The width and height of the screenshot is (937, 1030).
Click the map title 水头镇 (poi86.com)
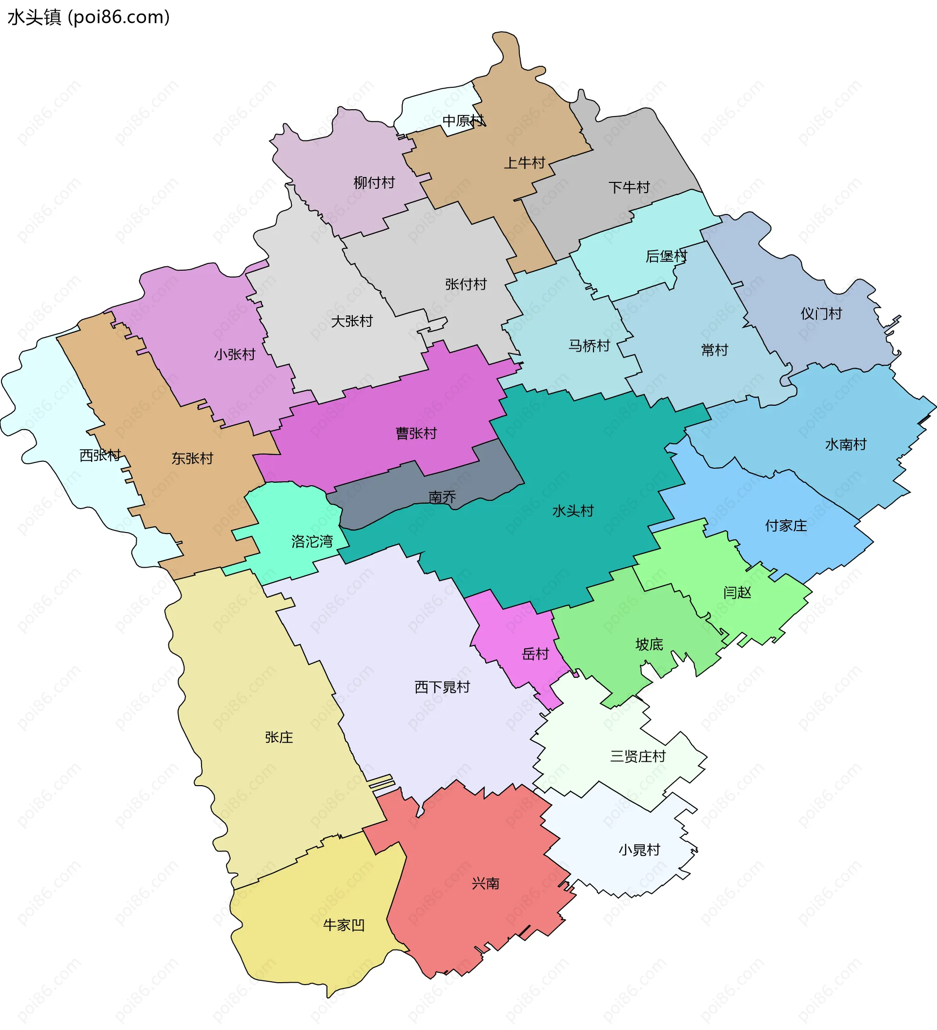click(x=88, y=18)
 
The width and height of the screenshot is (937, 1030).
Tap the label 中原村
click(x=463, y=121)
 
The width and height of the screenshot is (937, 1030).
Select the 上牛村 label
click(x=525, y=163)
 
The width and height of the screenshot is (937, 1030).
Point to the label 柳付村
click(x=374, y=182)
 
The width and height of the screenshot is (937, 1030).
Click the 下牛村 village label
click(x=629, y=187)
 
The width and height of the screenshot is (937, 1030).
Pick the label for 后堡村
click(x=666, y=256)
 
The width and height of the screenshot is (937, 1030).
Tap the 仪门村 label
click(x=821, y=314)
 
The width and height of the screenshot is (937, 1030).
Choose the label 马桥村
click(x=589, y=346)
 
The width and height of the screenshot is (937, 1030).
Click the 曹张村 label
click(x=416, y=433)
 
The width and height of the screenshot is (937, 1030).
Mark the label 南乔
click(x=442, y=496)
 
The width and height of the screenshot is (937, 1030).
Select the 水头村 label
click(x=573, y=511)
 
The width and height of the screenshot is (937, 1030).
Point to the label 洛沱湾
click(x=312, y=541)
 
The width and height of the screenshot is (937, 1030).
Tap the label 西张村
click(x=100, y=455)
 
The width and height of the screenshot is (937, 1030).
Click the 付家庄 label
click(x=786, y=526)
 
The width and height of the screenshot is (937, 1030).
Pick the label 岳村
click(x=535, y=654)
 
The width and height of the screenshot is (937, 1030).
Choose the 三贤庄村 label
click(x=638, y=756)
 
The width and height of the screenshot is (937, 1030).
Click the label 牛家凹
click(x=344, y=925)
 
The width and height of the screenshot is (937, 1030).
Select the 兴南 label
click(x=485, y=883)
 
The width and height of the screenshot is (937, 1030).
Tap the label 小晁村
click(x=639, y=850)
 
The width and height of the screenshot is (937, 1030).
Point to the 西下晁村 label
click(x=442, y=687)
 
